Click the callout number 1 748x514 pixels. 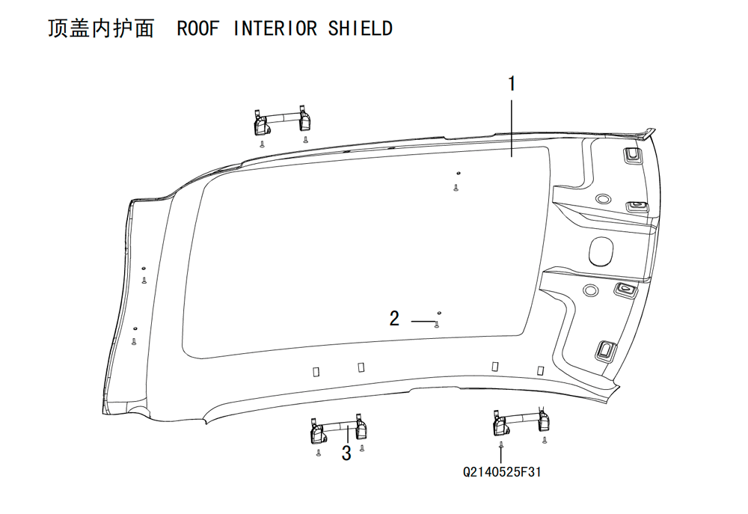pyautogui.click(x=512, y=84)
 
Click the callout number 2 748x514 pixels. pyautogui.click(x=394, y=318)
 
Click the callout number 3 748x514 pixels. pyautogui.click(x=346, y=453)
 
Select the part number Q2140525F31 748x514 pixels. pyautogui.click(x=502, y=472)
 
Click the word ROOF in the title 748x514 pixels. pyautogui.click(x=198, y=28)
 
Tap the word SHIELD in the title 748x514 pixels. pyautogui.click(x=361, y=28)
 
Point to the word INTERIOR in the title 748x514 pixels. pyautogui.click(x=275, y=28)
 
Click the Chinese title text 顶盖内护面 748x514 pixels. pyautogui.click(x=101, y=28)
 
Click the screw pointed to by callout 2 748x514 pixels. pyautogui.click(x=437, y=325)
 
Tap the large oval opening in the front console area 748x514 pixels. pyautogui.click(x=601, y=250)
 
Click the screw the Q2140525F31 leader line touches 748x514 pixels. pyautogui.click(x=501, y=445)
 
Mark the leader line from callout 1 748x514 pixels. pyautogui.click(x=512, y=128)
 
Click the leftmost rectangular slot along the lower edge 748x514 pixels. pyautogui.click(x=316, y=371)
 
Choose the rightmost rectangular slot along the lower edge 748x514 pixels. pyautogui.click(x=541, y=370)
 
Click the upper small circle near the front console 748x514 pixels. pyautogui.click(x=601, y=198)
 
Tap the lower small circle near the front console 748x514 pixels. pyautogui.click(x=590, y=290)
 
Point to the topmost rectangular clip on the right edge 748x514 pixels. pyautogui.click(x=632, y=156)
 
